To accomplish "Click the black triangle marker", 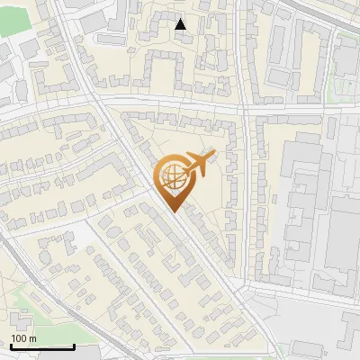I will coord(181,24).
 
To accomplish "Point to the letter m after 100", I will coord(32,338).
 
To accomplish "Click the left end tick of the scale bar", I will coord(10,346).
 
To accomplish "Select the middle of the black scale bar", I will coord(42,347).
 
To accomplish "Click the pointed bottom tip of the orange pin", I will coord(175,211).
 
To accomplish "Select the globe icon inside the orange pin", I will coord(174,180).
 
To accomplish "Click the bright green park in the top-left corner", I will coord(11,20).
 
